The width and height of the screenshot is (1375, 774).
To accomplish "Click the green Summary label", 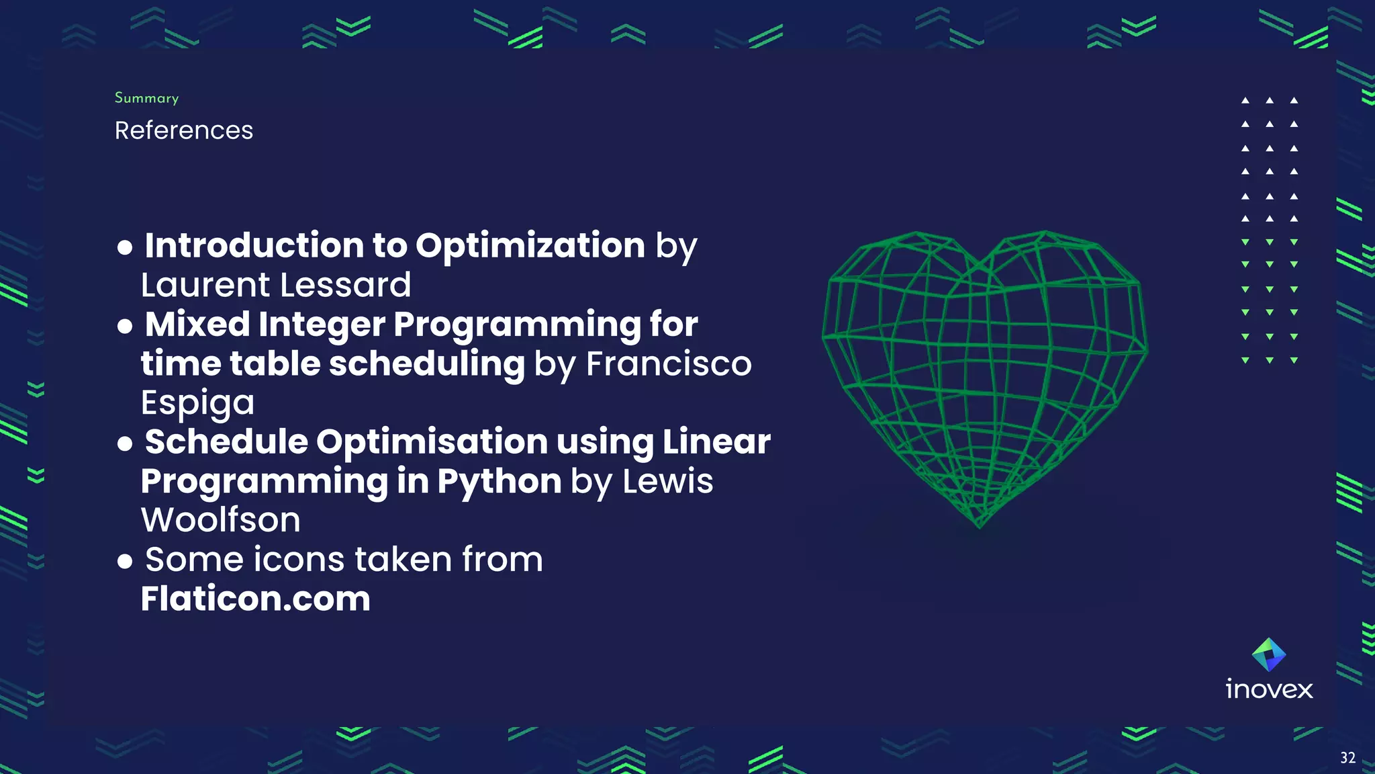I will (146, 98).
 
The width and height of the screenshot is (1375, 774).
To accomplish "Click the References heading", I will (184, 130).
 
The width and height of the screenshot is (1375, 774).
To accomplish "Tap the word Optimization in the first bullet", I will (530, 245).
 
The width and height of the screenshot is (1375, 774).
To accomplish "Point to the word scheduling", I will (427, 363).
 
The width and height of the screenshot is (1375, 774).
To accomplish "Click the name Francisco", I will (669, 363).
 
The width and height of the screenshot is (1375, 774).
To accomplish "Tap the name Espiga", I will (197, 403).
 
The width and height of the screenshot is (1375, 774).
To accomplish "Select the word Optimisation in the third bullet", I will (432, 442).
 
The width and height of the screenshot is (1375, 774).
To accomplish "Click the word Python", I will (500, 481).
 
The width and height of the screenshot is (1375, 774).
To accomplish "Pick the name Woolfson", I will (221, 520).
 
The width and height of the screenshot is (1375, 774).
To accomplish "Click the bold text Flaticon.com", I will (255, 599).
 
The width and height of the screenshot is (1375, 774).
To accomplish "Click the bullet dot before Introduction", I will (125, 247).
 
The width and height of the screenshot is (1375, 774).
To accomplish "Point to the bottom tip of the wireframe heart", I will (980, 526).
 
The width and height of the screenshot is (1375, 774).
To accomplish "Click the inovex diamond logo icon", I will (1269, 654).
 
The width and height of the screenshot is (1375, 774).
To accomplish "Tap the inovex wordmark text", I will (1269, 689).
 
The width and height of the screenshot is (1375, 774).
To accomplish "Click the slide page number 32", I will (1347, 758).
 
